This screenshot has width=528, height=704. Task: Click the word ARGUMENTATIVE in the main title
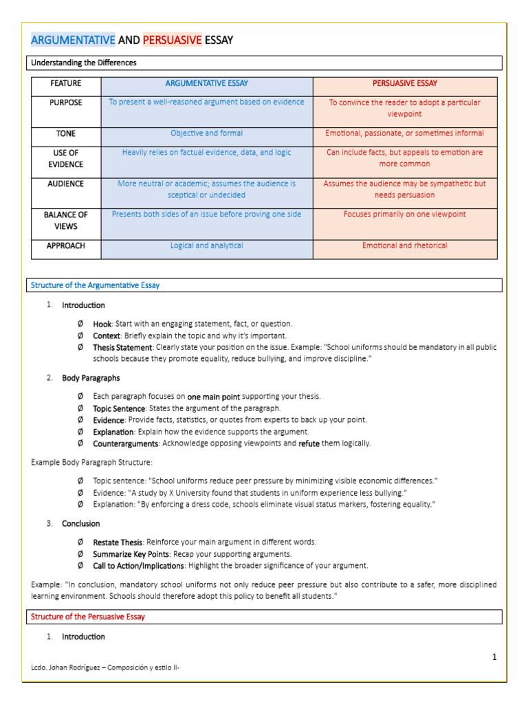73,41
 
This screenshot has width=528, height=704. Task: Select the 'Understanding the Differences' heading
83,63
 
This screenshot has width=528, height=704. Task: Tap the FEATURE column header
66,84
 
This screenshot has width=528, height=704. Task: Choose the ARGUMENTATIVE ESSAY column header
206,84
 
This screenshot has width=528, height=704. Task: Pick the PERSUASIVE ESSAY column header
404,84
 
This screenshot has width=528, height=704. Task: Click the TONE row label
66,133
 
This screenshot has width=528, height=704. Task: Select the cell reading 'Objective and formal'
206,133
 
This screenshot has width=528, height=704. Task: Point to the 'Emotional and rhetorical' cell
404,245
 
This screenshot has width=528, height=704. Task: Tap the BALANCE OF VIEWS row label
66,221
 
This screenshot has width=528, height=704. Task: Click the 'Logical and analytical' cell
206,245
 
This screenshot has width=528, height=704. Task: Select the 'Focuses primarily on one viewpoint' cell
404,214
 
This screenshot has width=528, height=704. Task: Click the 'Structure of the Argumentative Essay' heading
96,285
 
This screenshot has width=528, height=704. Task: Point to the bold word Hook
102,324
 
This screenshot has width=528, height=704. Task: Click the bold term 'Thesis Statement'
122,348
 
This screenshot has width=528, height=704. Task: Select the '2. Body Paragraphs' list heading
91,378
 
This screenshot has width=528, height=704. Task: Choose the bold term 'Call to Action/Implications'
138,566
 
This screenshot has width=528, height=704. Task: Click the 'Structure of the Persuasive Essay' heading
88,617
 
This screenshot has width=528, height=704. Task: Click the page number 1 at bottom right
494,658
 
